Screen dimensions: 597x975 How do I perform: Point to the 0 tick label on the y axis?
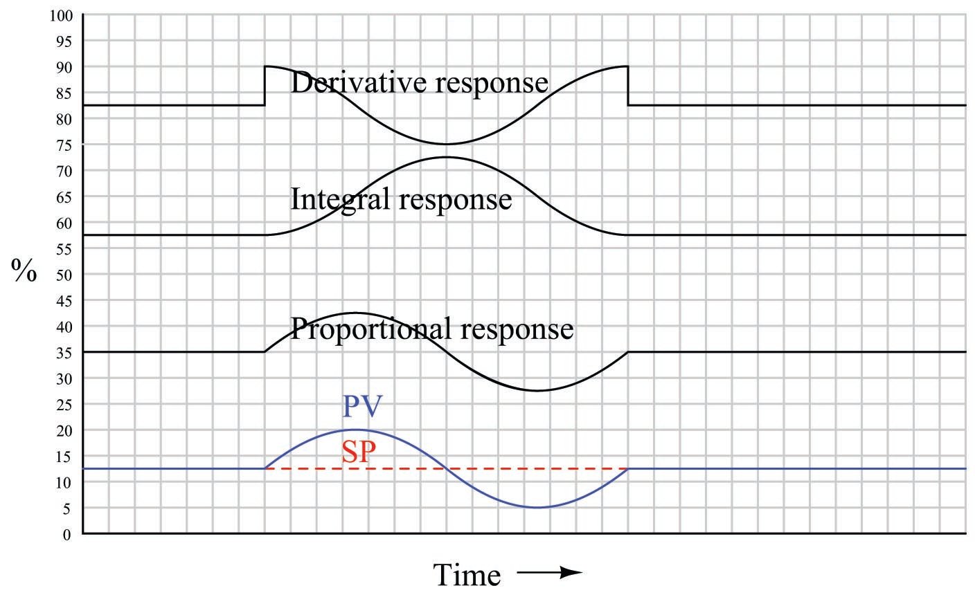68,534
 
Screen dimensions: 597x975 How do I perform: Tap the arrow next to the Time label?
548,573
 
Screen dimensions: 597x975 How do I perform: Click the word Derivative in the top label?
349,83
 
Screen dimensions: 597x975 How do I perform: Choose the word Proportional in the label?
367,329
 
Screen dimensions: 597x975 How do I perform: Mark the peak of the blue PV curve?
356,430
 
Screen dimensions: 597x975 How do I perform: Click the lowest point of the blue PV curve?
537,508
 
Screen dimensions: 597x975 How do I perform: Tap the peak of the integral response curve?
446,157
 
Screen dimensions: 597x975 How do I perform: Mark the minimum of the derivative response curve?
446,144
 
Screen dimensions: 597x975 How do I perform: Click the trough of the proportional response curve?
537,391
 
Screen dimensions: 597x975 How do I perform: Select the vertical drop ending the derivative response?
627,86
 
